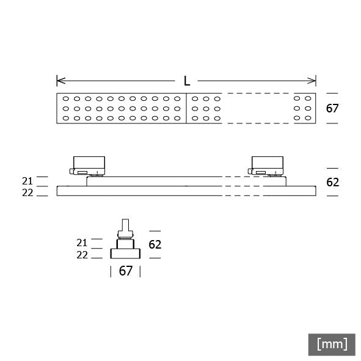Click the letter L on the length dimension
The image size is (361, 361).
[x=186, y=81]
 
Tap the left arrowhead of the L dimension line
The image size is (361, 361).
[x=59, y=81]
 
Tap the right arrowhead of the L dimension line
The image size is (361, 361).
[x=313, y=81]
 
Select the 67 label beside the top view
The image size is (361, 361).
[x=332, y=109]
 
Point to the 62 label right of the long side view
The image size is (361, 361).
[x=332, y=182]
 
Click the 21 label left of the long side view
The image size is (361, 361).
[x=27, y=181]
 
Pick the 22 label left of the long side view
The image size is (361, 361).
[x=27, y=192]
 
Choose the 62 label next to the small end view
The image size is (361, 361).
[x=155, y=244]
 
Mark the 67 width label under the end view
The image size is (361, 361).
[x=125, y=271]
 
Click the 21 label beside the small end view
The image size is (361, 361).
[x=82, y=242]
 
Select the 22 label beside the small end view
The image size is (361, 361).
[x=82, y=255]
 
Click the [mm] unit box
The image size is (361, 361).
[x=332, y=344]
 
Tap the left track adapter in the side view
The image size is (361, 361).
[x=88, y=164]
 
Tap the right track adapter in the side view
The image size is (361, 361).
[x=267, y=164]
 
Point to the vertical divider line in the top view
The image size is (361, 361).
[x=186, y=109]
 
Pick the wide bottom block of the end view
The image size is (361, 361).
[x=125, y=253]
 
